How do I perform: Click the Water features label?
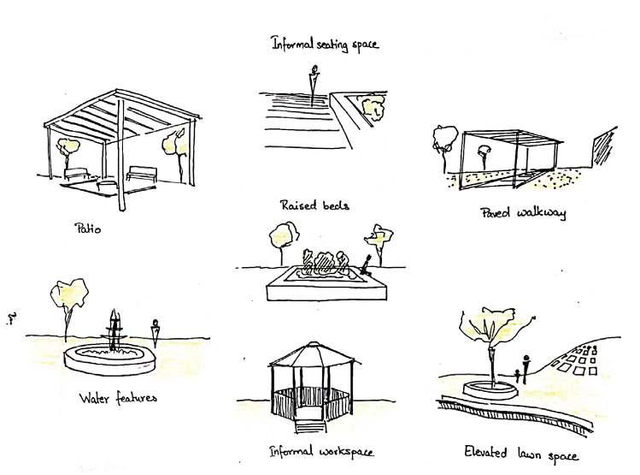pyautogui.click(x=117, y=398)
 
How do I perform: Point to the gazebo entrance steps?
pyautogui.click(x=309, y=423)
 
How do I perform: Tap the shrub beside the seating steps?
pyautogui.click(x=373, y=107)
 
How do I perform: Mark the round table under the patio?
pyautogui.click(x=106, y=184)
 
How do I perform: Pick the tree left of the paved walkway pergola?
pyautogui.click(x=443, y=139)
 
